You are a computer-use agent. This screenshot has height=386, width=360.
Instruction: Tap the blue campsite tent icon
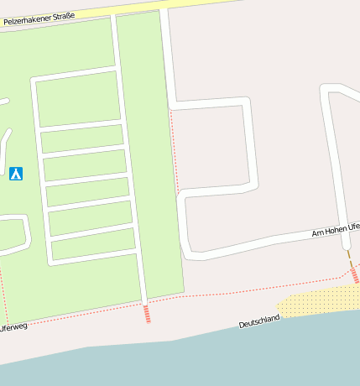click(x=15, y=174)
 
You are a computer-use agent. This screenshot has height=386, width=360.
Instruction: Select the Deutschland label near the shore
click(x=258, y=321)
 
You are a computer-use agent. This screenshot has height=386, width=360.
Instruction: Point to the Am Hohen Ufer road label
click(x=336, y=229)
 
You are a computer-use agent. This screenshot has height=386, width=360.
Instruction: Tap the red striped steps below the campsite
click(x=147, y=314)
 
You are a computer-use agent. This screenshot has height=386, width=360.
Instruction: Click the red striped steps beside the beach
click(x=355, y=274)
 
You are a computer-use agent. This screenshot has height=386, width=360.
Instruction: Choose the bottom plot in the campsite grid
click(x=93, y=244)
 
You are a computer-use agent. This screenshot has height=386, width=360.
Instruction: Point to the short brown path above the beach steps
click(x=349, y=258)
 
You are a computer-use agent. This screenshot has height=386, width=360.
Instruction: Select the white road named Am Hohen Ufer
click(x=269, y=243)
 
